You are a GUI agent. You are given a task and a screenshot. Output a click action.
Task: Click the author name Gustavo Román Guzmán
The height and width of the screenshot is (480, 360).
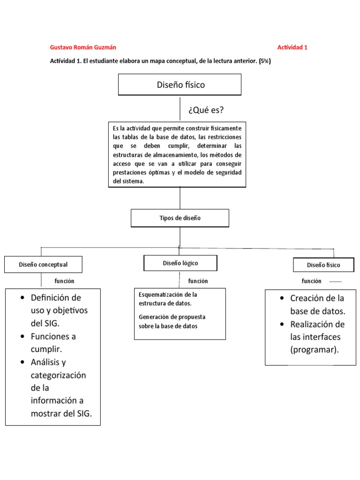pos(83,47)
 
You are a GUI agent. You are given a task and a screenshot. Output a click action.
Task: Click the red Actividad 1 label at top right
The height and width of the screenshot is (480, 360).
pos(292,47)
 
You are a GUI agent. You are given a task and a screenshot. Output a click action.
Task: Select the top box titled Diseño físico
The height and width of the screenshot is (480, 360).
pos(180,85)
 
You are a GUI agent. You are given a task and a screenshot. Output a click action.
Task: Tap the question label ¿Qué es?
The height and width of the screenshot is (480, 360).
pos(206,110)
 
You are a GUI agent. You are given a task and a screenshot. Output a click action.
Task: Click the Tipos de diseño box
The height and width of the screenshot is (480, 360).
pos(180,218)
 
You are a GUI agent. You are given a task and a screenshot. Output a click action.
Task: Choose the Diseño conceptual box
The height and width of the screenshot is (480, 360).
pos(43,264)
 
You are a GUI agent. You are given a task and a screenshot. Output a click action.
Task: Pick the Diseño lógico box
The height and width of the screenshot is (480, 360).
pos(180,263)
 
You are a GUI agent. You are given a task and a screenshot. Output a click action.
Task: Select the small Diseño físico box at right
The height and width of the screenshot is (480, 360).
pos(323,265)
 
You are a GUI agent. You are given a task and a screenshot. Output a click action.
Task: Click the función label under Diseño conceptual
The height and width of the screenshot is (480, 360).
pos(64,281)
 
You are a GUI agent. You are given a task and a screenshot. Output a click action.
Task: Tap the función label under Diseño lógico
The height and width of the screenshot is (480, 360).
pos(198,281)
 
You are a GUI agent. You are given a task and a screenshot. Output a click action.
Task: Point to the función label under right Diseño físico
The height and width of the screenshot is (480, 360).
pos(311,281)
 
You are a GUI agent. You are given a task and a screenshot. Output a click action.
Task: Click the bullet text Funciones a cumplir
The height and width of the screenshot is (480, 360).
pos(53,343)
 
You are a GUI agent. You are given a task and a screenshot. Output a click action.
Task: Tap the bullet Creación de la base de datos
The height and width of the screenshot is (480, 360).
pos(317,304)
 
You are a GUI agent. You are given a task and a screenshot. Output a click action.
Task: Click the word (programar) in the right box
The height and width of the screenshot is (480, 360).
pos(314,349)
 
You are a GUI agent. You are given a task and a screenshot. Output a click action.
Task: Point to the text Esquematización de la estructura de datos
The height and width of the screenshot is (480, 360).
pos(168,299)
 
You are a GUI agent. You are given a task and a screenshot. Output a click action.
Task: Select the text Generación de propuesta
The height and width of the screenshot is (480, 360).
pos(172,317)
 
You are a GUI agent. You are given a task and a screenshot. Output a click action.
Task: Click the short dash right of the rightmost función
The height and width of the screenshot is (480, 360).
pos(336,282)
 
